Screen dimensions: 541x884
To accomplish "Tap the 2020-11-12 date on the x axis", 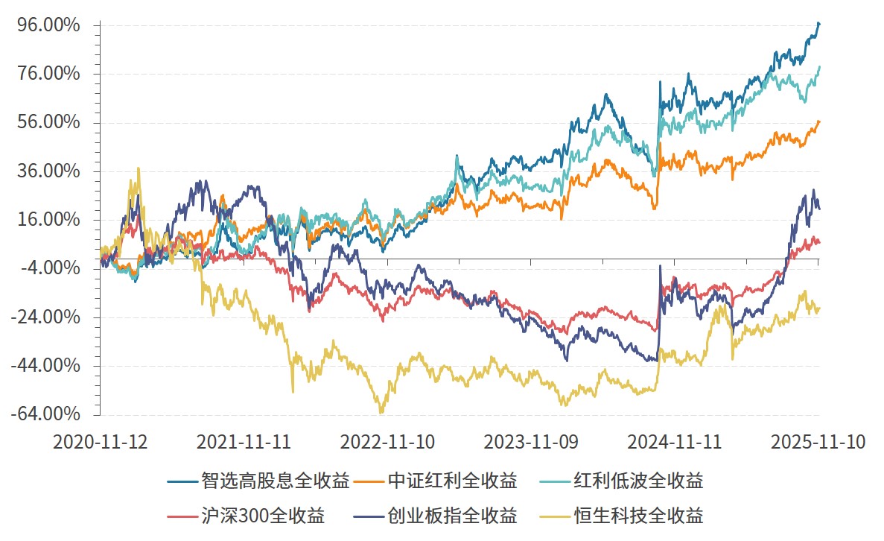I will click(x=100, y=441).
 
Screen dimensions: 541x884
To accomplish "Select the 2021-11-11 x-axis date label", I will click(x=244, y=441).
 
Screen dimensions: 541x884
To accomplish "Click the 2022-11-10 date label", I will click(x=387, y=441).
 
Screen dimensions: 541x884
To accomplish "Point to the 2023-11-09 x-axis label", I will click(x=531, y=441).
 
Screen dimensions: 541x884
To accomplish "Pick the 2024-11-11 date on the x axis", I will click(x=675, y=441).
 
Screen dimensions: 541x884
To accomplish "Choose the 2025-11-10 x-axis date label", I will click(x=818, y=441).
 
